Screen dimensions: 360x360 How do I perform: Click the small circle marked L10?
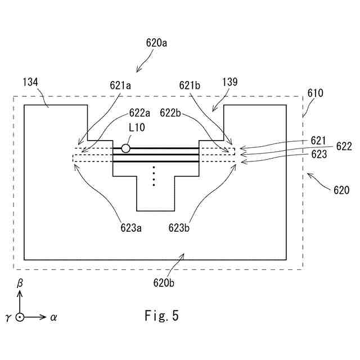pyautogui.click(x=125, y=148)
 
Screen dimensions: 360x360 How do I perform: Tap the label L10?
pyautogui.click(x=136, y=128)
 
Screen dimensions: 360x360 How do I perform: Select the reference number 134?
pyautogui.click(x=30, y=82)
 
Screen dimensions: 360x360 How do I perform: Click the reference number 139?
pyautogui.click(x=229, y=82)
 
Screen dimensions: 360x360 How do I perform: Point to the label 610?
pyautogui.click(x=315, y=93)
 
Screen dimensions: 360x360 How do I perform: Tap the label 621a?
pyautogui.click(x=120, y=86)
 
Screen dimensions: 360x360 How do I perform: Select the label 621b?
pyautogui.click(x=191, y=86)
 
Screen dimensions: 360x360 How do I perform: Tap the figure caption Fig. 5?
pyautogui.click(x=161, y=316)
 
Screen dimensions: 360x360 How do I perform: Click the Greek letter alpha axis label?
pyautogui.click(x=54, y=317)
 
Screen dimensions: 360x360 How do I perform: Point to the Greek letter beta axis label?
pyautogui.click(x=20, y=285)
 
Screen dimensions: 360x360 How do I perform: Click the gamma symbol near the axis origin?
pyautogui.click(x=8, y=318)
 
